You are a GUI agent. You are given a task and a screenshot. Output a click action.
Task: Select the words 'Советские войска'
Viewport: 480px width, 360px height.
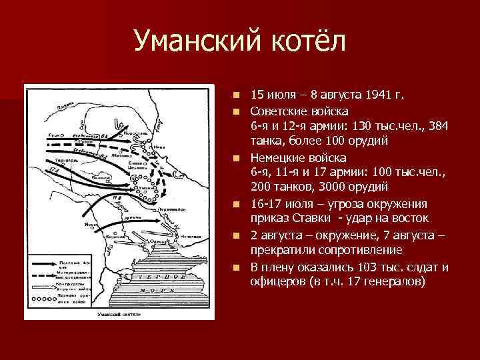click(299, 110)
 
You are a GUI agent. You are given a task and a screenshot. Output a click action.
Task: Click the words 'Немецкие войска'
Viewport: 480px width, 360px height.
click(299, 158)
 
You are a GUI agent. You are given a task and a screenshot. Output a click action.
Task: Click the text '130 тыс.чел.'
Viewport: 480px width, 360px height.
click(375, 126)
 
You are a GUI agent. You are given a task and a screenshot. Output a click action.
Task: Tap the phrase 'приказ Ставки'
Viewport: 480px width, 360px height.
click(290, 218)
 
